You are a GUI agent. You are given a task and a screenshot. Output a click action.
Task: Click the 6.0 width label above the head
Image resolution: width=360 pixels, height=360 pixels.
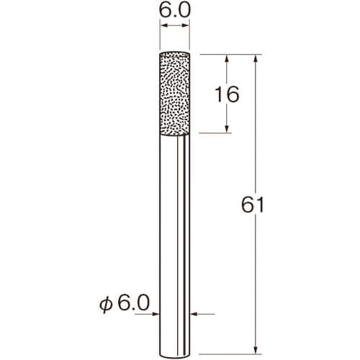pos(175,11)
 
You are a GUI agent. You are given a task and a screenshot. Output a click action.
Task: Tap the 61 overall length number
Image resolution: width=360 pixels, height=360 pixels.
pos(253,204)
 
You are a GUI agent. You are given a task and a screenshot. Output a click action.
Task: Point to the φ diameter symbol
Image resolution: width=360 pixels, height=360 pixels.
pos(106,305)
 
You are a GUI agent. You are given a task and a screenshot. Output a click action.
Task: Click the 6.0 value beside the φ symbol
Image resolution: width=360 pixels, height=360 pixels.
pos(134,303)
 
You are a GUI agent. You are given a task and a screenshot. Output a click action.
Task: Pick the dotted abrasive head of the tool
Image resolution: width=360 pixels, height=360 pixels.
pos(175,94)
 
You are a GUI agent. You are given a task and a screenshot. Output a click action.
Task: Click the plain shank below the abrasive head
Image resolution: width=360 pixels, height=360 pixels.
pos(175,247)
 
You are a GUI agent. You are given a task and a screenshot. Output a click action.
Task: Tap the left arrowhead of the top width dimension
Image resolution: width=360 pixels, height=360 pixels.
pos(163,26)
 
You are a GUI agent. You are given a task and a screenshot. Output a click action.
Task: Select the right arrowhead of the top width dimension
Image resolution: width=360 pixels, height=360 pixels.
pos(186,26)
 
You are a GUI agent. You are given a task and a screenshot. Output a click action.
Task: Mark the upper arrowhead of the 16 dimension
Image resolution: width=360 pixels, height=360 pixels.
pos(227,58)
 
